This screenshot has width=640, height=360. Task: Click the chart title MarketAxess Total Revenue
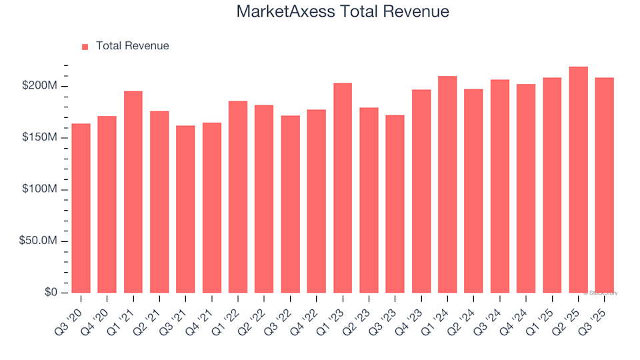click(x=343, y=12)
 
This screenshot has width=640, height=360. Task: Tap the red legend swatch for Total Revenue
click(x=85, y=47)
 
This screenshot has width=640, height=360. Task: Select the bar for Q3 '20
click(x=81, y=208)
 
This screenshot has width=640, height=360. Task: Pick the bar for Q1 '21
click(x=133, y=192)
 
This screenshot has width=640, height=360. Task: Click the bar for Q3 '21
click(x=185, y=209)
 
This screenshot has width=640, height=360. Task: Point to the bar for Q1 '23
click(x=343, y=188)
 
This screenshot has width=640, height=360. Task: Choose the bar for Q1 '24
click(x=447, y=184)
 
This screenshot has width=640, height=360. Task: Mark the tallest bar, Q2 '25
click(x=578, y=179)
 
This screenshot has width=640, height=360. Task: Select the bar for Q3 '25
click(x=604, y=185)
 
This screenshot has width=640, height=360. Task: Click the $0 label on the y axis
click(x=52, y=293)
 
